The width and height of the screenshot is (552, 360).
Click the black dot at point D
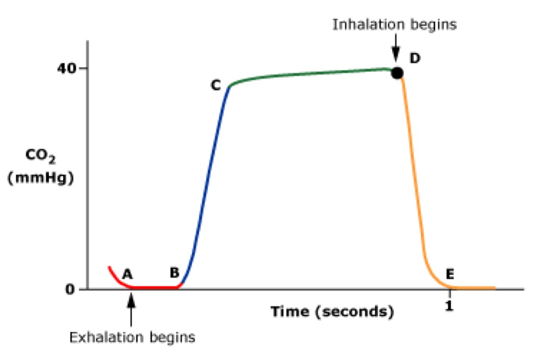397,73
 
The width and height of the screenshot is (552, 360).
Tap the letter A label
126,274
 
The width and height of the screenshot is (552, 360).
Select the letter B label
174,273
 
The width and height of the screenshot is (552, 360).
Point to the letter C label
215,86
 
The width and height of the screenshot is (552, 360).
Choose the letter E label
450,275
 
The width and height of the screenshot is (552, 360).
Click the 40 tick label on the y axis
67,68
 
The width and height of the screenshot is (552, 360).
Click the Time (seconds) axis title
333,312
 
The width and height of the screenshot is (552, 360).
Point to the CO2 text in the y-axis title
41,157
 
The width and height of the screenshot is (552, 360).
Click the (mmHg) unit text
41,177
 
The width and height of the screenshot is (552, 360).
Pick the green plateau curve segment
310,74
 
